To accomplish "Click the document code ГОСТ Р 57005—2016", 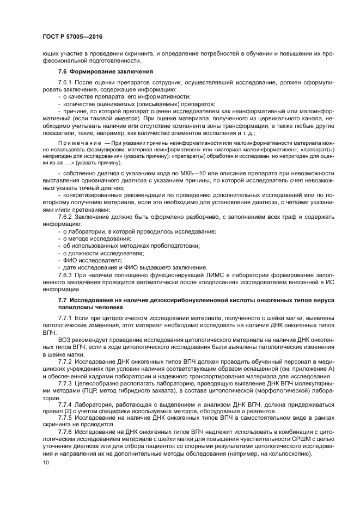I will [72, 36].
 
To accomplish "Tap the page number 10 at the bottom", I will [46, 462].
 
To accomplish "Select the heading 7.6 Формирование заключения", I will [97, 72].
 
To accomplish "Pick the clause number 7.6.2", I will [66, 217].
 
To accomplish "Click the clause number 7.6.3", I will [66, 276].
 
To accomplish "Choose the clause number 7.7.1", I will [66, 317].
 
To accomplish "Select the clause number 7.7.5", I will [66, 419].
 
